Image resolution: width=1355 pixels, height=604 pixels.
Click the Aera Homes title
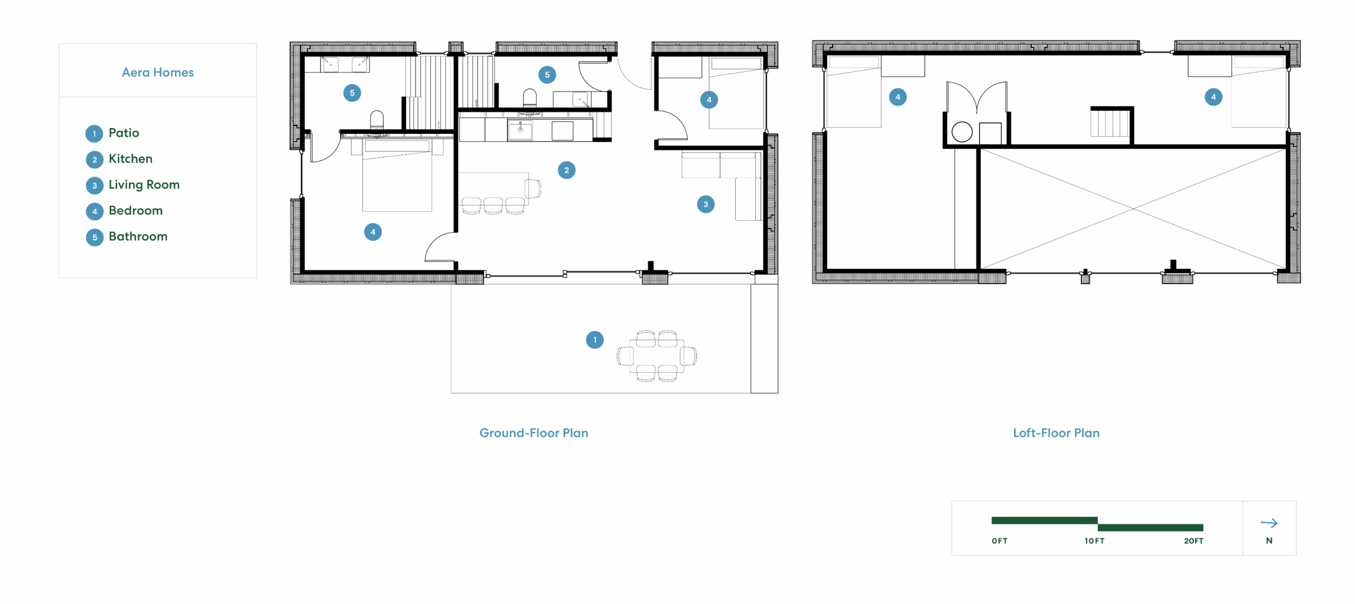pos(158,72)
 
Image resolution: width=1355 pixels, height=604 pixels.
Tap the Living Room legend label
pos(144,185)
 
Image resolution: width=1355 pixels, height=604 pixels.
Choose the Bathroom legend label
pos(138,236)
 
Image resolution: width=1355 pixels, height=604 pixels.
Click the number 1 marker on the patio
pos(594,340)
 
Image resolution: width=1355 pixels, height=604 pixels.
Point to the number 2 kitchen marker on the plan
pos(566,170)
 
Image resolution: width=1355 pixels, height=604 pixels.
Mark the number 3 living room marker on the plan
pos(706,204)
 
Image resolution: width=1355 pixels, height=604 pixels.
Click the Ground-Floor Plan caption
pos(534,433)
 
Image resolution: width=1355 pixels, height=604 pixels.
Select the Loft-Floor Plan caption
pos(1056,433)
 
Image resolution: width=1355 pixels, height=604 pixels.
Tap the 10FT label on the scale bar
pos(1094,540)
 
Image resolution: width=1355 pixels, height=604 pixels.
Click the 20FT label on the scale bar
pos(1194,540)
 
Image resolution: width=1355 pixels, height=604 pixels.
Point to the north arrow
pos(1269,523)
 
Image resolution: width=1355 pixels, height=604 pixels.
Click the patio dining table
pos(656,356)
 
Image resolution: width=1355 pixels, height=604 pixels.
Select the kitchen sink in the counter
pos(520,130)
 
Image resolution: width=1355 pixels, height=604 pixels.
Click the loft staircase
pos(1109,123)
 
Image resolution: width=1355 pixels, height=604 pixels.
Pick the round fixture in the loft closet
pos(962,132)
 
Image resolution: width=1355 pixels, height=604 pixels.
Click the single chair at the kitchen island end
pos(533,188)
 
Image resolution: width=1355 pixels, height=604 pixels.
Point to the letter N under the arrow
pos(1269,540)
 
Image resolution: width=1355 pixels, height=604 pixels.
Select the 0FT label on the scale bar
pos(999,540)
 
